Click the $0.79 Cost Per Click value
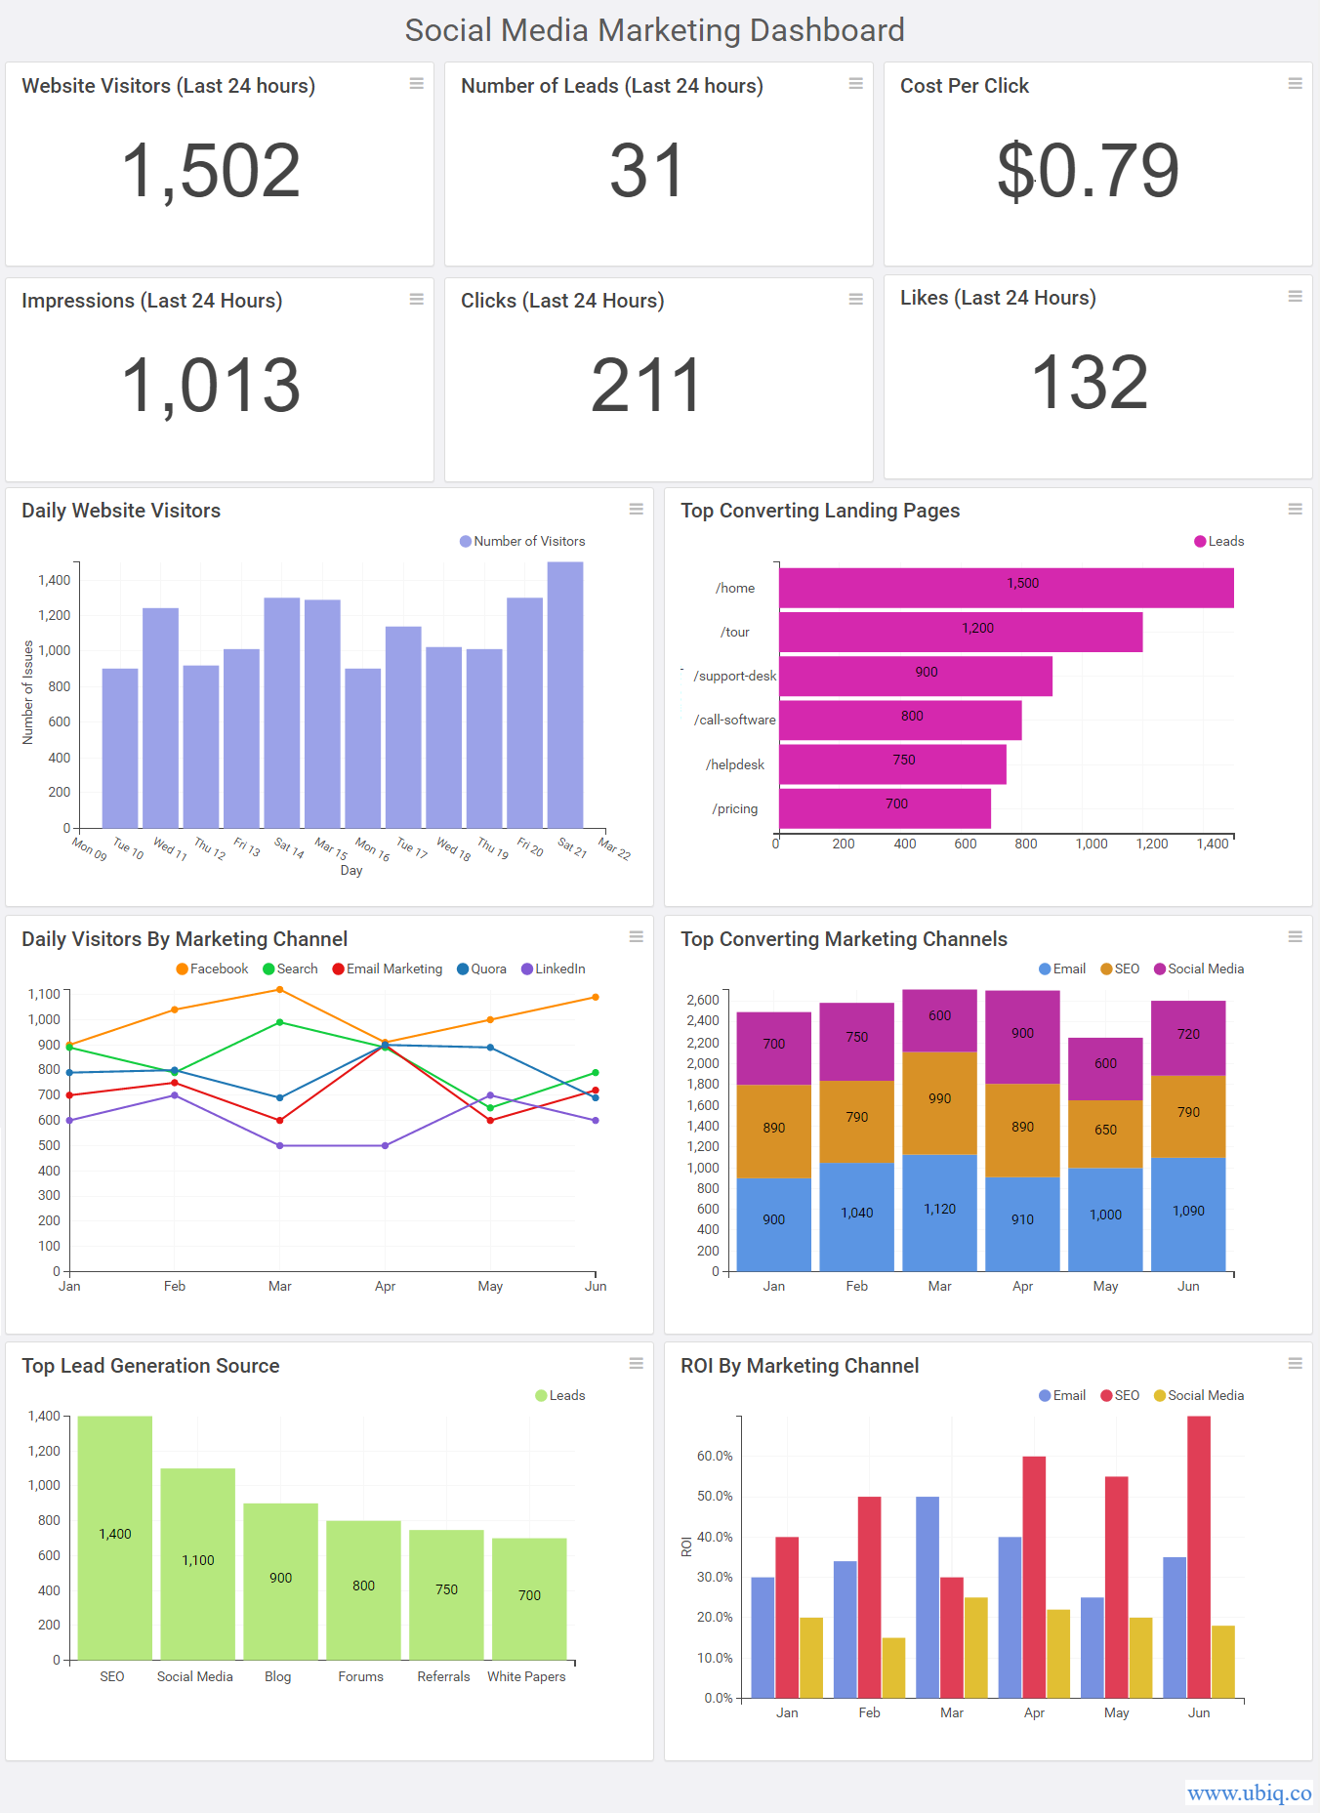point(1088,171)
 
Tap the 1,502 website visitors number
point(210,171)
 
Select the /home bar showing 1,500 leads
point(1006,588)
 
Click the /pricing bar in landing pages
point(885,807)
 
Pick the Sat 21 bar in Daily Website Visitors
point(565,694)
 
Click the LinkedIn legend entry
point(554,968)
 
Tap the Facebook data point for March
point(280,990)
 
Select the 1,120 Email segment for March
point(939,1212)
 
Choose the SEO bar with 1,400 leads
point(115,1537)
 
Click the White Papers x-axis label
point(526,1676)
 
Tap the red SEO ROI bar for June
point(1199,1556)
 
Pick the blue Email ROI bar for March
point(928,1596)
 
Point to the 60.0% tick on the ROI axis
point(715,1456)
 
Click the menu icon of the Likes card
point(1295,296)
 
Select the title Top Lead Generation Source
point(150,1366)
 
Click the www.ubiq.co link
point(1249,1792)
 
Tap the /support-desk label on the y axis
point(734,676)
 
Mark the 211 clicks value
point(646,385)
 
